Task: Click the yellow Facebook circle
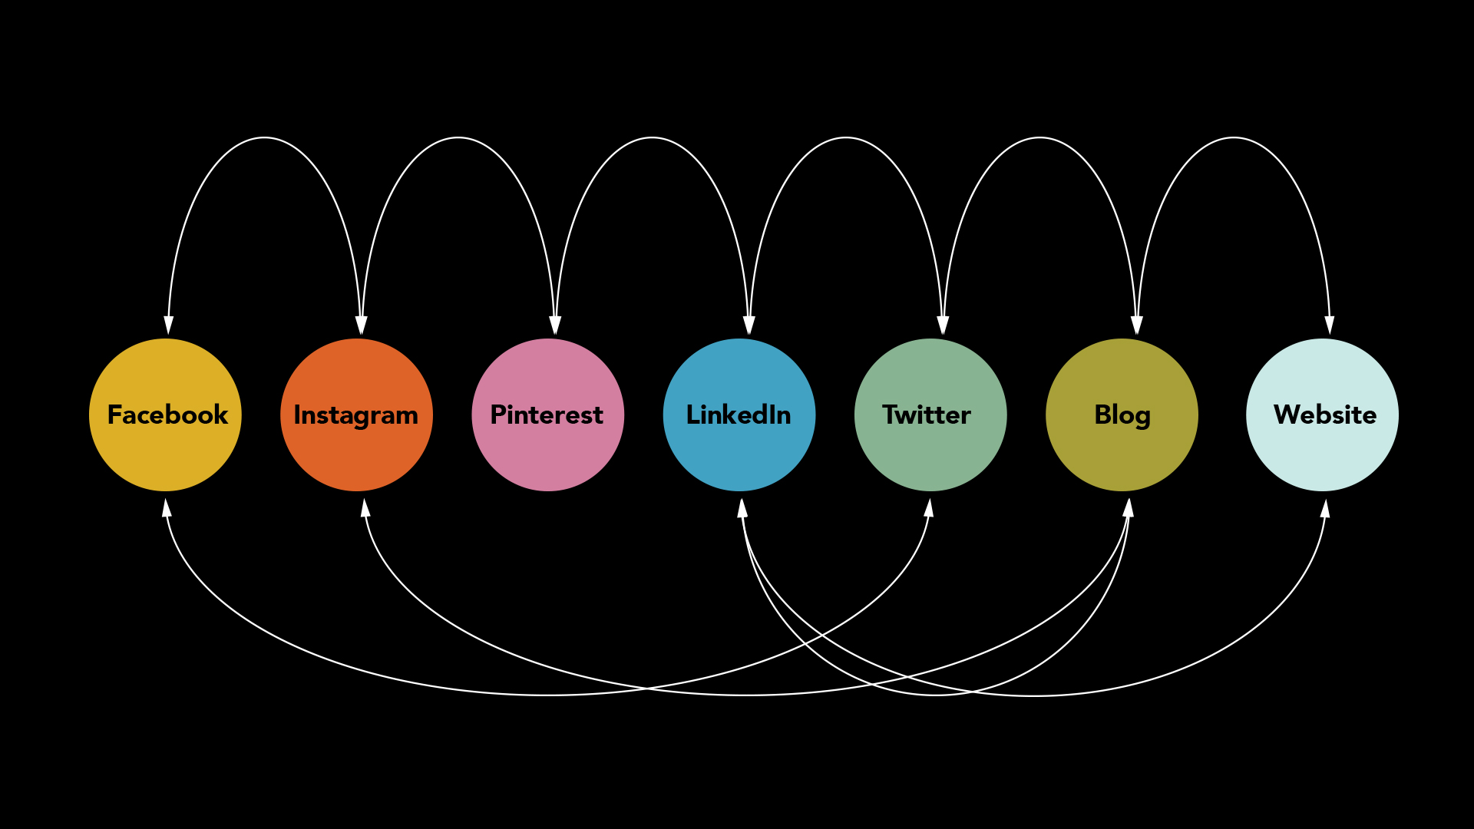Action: pos(165,414)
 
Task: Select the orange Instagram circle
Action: pos(356,414)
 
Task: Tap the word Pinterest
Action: pos(547,414)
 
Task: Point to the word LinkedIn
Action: pos(739,414)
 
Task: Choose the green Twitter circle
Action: pos(930,414)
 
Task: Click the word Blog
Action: pos(1122,415)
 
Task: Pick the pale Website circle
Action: pos(1322,414)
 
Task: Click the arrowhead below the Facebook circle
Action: pos(166,507)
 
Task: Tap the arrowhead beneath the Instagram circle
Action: pos(365,507)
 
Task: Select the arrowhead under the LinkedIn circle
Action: pos(742,507)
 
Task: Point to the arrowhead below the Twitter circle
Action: pos(929,507)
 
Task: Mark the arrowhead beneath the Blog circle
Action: pos(1129,507)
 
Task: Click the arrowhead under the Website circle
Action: pos(1325,508)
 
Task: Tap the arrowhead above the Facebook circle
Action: pos(168,325)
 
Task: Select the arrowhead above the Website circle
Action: pos(1330,325)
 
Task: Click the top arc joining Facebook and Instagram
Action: pos(264,137)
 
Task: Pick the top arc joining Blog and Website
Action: pos(1234,137)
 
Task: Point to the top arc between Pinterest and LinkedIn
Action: pos(652,137)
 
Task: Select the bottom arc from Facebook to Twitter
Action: pos(547,695)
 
